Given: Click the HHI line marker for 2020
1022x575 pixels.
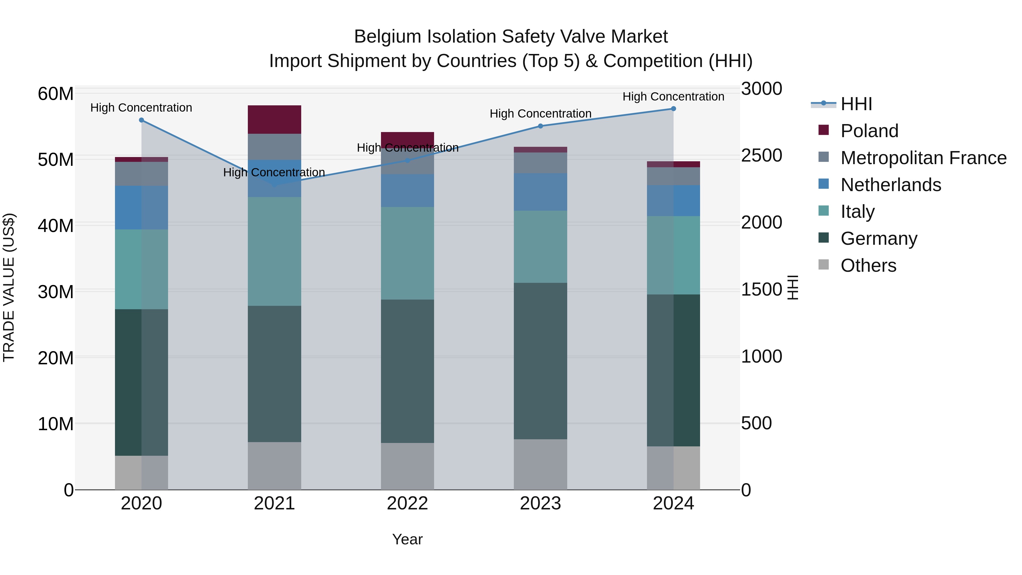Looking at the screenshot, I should [141, 120].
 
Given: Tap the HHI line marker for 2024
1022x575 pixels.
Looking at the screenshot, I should [673, 108].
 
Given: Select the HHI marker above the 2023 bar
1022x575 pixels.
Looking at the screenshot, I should [540, 126].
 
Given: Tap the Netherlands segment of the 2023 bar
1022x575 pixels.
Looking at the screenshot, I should [540, 192].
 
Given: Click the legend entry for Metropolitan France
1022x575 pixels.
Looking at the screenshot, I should [923, 158].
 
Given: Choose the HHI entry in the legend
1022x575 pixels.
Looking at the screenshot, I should [856, 104].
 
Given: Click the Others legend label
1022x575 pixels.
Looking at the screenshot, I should [868, 265].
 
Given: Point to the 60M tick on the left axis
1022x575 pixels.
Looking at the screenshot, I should [56, 94].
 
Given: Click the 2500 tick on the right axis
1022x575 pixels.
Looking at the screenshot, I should [761, 156].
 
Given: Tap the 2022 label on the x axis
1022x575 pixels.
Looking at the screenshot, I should [407, 503].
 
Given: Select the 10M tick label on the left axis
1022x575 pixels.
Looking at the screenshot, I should [56, 424].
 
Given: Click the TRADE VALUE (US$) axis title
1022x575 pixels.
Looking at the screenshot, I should [9, 287].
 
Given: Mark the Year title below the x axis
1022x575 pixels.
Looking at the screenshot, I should [407, 539].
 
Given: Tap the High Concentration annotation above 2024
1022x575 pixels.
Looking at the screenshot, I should [673, 97].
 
